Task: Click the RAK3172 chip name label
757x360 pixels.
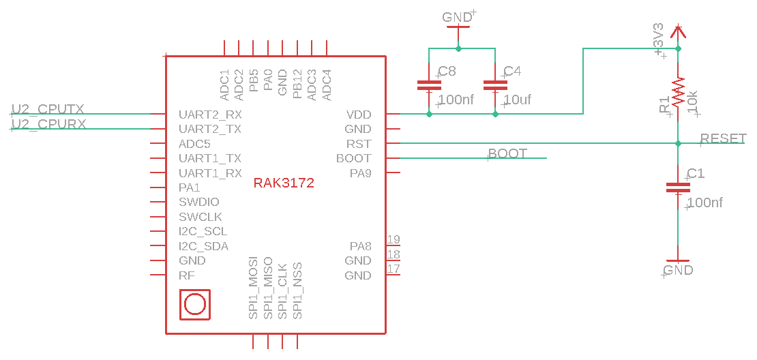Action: (x=284, y=183)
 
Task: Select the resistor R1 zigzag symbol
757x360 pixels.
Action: (x=677, y=92)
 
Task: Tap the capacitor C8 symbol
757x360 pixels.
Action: (x=429, y=86)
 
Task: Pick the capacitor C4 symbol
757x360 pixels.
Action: (x=495, y=86)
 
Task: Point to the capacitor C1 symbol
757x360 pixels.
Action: (x=677, y=187)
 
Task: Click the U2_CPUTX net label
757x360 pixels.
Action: (x=48, y=109)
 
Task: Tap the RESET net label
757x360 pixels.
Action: (x=724, y=138)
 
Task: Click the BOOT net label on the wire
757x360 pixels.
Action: (x=507, y=153)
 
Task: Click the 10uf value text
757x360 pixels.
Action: (x=517, y=100)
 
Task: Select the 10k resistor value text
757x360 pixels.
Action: (x=692, y=102)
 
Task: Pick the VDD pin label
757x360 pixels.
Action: (x=359, y=115)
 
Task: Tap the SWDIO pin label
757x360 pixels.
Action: (x=199, y=202)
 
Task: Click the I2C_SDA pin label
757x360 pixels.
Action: (x=203, y=246)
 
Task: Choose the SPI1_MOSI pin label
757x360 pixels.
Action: (x=253, y=288)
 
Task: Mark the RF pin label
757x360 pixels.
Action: (x=186, y=275)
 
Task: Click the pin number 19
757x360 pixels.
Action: (x=394, y=239)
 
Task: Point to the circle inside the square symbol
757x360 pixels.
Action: (x=194, y=304)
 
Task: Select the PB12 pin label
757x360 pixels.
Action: (x=297, y=84)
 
